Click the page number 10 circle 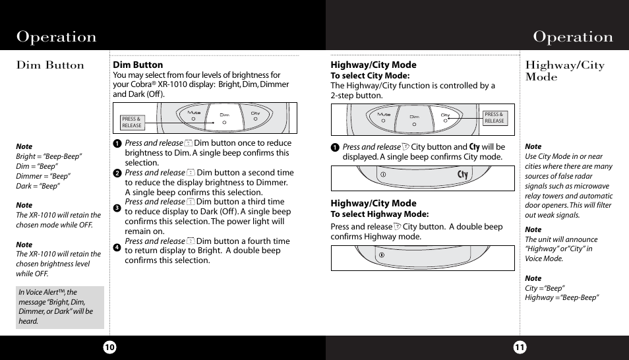pos(109,347)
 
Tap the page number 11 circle pos(520,347)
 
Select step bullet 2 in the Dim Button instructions pos(117,173)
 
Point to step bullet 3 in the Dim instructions pos(117,208)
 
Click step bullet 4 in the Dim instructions pos(117,247)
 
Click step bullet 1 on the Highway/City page pos(335,148)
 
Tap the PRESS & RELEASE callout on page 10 pos(132,122)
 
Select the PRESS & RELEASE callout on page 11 pos(494,117)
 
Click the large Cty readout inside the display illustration pos(462,175)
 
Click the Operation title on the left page pos(57,37)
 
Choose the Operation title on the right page pos(573,37)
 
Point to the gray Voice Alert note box pos(60,307)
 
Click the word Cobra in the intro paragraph pos(139,84)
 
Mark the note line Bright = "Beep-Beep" pos(49,156)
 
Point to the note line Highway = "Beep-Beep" pos(562,298)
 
